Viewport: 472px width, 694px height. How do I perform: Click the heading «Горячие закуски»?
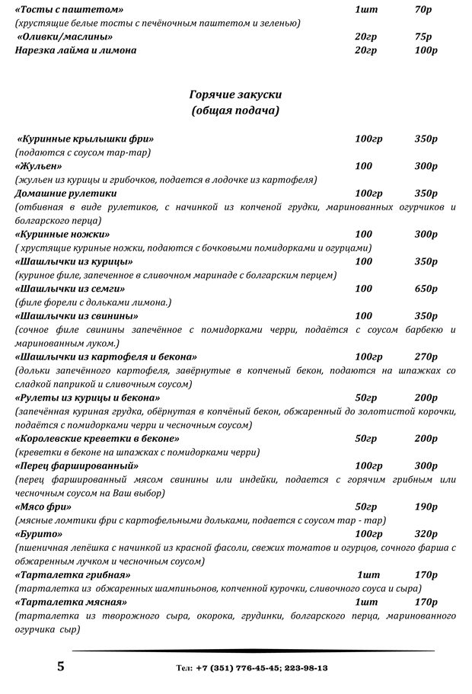coord(235,94)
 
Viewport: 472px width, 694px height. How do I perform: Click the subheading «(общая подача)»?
coord(235,110)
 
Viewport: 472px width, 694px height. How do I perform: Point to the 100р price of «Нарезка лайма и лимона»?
coord(426,50)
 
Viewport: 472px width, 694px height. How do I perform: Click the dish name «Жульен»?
coord(39,166)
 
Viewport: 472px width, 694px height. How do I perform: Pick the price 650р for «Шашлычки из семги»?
coord(426,289)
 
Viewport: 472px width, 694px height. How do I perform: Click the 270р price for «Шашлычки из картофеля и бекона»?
coord(426,357)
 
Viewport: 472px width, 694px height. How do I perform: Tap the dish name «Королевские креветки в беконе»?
coord(97,439)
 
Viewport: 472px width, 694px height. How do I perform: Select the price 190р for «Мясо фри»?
coord(426,507)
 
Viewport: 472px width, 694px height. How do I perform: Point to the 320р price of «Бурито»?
coord(426,534)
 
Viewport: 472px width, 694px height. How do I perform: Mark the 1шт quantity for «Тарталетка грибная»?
coord(368,575)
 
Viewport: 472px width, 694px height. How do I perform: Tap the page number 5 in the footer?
coord(60,667)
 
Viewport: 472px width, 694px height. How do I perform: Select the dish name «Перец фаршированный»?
coord(77,465)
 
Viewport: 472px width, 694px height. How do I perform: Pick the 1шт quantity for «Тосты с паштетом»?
coord(366,9)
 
